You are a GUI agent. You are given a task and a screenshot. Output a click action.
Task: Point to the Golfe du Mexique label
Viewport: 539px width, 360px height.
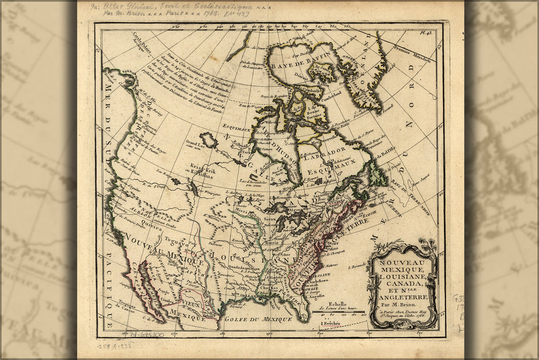[258, 319]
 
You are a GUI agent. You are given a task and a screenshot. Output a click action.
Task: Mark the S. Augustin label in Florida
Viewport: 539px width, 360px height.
[317, 297]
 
